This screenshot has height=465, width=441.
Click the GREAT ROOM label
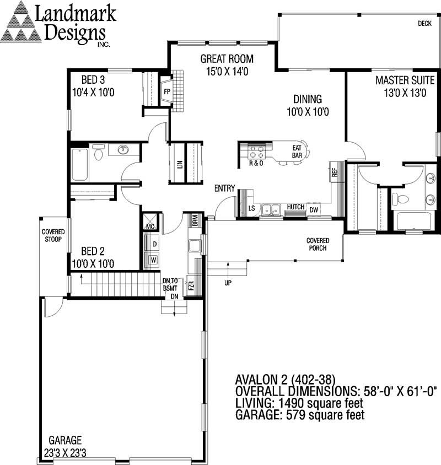point(227,58)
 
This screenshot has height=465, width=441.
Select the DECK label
point(424,23)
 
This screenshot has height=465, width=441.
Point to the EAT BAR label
point(297,152)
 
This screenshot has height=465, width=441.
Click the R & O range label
point(256,163)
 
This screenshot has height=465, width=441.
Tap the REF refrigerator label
point(334,172)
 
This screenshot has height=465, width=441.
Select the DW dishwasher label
point(313,210)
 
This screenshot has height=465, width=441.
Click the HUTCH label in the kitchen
point(295,207)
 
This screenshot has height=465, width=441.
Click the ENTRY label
point(225,190)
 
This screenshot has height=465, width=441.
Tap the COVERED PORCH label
point(318,244)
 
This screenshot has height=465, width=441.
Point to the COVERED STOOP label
point(53,235)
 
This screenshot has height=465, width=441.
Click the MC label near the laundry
point(149,225)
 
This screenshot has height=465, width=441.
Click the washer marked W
point(154,259)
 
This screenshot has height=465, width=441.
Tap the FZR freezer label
point(191,286)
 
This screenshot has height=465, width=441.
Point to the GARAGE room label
point(65,440)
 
